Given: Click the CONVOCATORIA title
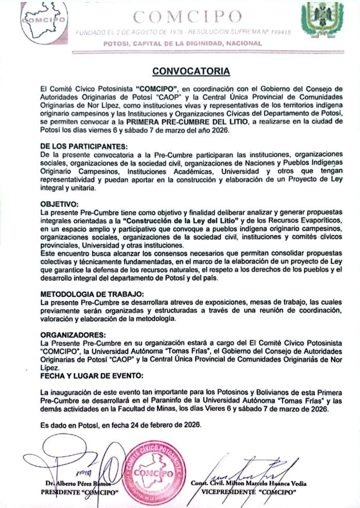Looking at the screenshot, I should pyautogui.click(x=190, y=70).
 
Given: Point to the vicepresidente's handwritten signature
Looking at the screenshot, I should pyautogui.click(x=253, y=466).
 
